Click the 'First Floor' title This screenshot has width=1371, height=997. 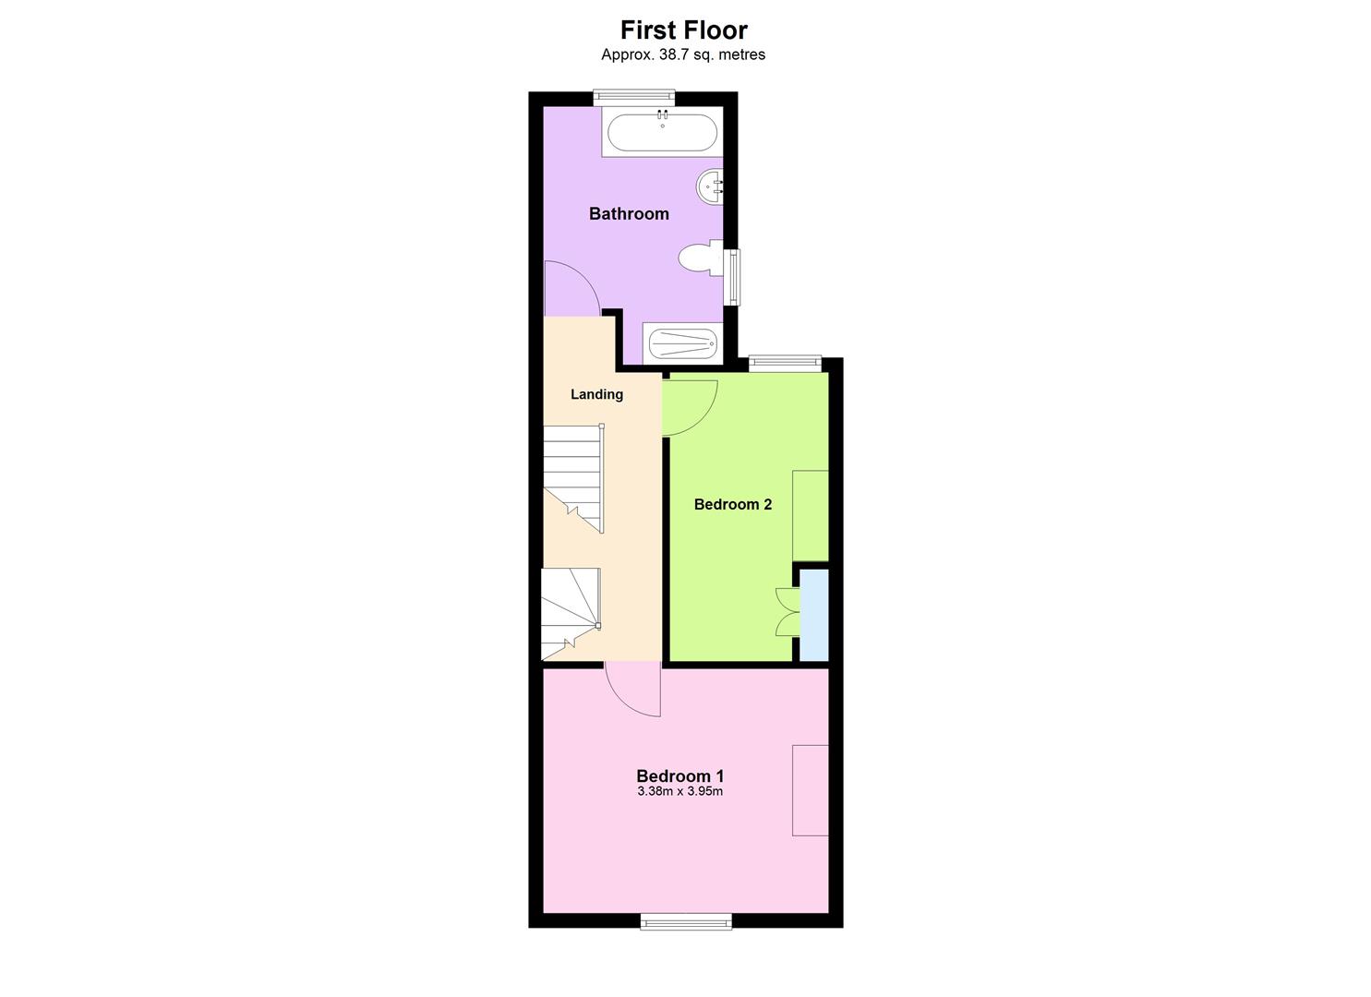(x=683, y=30)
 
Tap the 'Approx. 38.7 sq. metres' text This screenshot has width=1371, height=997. (x=683, y=54)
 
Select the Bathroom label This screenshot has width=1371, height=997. (x=629, y=214)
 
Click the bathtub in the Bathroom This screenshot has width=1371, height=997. (x=662, y=133)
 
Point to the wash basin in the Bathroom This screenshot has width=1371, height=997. (x=710, y=186)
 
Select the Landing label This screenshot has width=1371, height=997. (x=596, y=394)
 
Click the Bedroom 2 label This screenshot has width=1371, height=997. (x=732, y=504)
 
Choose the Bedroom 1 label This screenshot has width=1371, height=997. (x=679, y=776)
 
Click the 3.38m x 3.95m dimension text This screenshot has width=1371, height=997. (x=679, y=792)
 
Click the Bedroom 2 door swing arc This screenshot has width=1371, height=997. (x=691, y=407)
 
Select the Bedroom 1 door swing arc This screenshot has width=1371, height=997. (x=633, y=690)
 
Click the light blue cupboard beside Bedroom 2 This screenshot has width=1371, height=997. (x=813, y=615)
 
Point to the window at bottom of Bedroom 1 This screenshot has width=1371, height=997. (x=686, y=920)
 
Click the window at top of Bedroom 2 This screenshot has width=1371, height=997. (x=785, y=364)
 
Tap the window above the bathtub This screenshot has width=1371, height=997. (x=633, y=94)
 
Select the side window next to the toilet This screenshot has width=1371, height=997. (x=734, y=277)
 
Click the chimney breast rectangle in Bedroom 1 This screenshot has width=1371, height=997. (x=810, y=790)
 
